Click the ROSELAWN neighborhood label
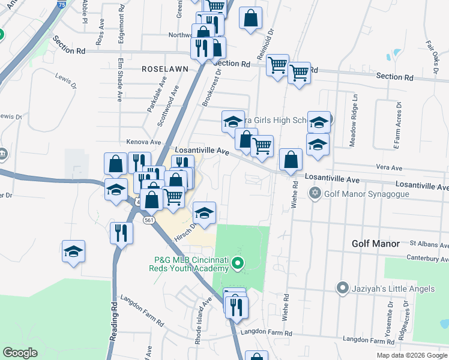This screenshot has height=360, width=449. (x=165, y=69)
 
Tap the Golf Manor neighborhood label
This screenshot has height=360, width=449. (x=375, y=244)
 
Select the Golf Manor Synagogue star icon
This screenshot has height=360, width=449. (x=315, y=193)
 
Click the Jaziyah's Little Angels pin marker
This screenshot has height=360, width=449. (x=342, y=289)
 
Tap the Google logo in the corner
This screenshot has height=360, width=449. (x=20, y=353)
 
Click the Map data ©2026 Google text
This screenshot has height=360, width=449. (x=412, y=355)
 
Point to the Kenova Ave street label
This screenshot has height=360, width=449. (x=144, y=142)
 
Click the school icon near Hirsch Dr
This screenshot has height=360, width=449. (x=204, y=213)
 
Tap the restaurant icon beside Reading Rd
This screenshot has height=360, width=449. (x=122, y=232)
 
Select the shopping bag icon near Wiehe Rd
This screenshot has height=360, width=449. (x=291, y=160)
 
